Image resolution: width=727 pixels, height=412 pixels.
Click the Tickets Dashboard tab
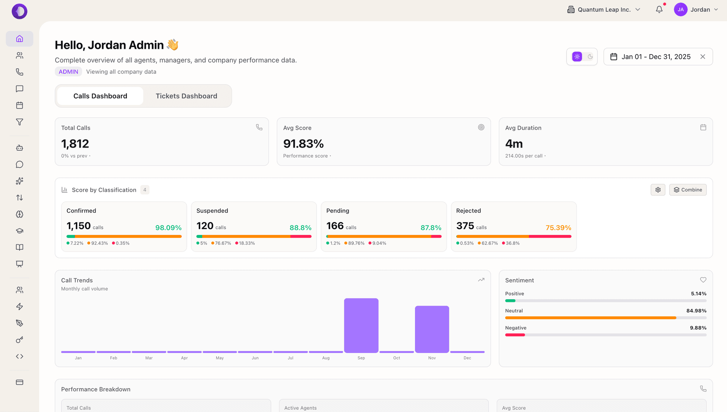point(186,96)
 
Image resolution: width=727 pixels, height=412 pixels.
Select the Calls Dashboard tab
point(100,96)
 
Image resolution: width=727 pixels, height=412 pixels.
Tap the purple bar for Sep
point(361,325)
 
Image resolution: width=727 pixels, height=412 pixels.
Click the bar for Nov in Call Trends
point(432,329)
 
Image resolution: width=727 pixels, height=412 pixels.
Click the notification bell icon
point(659,10)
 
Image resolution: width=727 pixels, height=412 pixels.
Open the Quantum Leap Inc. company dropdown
point(604,10)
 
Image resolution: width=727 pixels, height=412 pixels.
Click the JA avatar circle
point(680,10)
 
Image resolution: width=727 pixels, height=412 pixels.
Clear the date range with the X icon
point(703,57)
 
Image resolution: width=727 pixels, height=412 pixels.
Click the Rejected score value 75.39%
point(558,228)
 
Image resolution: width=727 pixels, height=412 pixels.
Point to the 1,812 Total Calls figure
point(75,144)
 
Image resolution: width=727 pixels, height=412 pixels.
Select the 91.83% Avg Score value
point(303,144)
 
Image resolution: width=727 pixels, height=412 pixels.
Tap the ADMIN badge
point(68,72)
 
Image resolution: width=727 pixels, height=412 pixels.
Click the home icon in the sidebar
point(20,39)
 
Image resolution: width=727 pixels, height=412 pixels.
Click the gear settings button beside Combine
point(658,190)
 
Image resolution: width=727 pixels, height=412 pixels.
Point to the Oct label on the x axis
point(396,358)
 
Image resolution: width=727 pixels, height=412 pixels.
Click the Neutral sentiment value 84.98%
point(696,311)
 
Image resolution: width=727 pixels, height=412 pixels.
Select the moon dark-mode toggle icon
point(590,57)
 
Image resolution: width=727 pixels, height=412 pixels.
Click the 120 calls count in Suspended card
point(205,226)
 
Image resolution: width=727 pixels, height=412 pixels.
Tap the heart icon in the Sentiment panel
point(703,280)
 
